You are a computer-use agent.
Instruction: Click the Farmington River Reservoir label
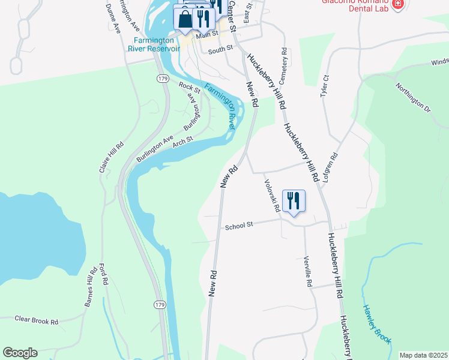154,45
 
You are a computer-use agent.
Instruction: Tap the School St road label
240,226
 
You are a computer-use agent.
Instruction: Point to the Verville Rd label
307,271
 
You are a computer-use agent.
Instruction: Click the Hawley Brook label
376,324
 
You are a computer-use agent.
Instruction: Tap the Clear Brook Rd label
37,321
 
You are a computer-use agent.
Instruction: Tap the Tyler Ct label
325,86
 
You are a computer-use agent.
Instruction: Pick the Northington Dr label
413,98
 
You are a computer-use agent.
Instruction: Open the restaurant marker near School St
294,200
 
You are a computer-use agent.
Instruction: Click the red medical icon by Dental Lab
397,5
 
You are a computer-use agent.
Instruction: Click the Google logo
20,353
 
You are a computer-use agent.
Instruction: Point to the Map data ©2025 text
423,355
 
